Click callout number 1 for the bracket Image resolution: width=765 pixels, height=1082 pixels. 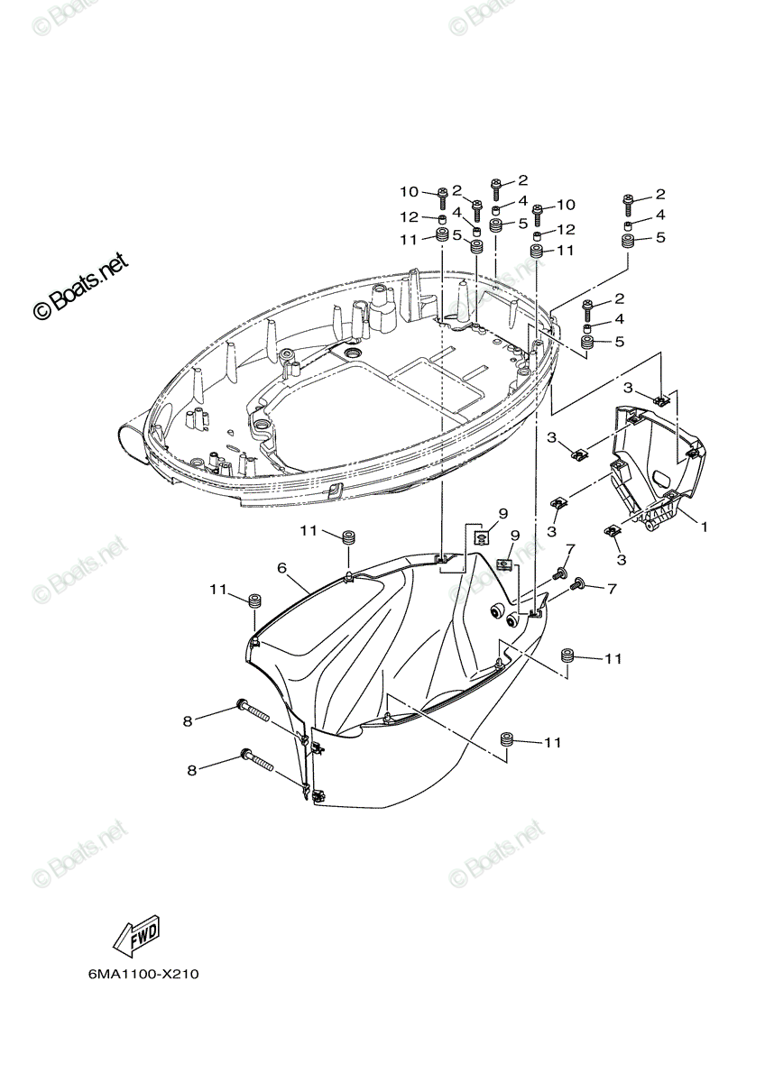click(704, 527)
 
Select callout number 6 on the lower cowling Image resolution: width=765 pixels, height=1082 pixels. click(281, 568)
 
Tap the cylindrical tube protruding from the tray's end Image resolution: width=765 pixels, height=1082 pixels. click(134, 442)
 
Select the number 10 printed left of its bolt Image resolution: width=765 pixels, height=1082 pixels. click(409, 192)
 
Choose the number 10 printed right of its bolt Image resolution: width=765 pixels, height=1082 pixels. click(567, 205)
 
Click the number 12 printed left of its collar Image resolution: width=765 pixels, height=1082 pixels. click(409, 217)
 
